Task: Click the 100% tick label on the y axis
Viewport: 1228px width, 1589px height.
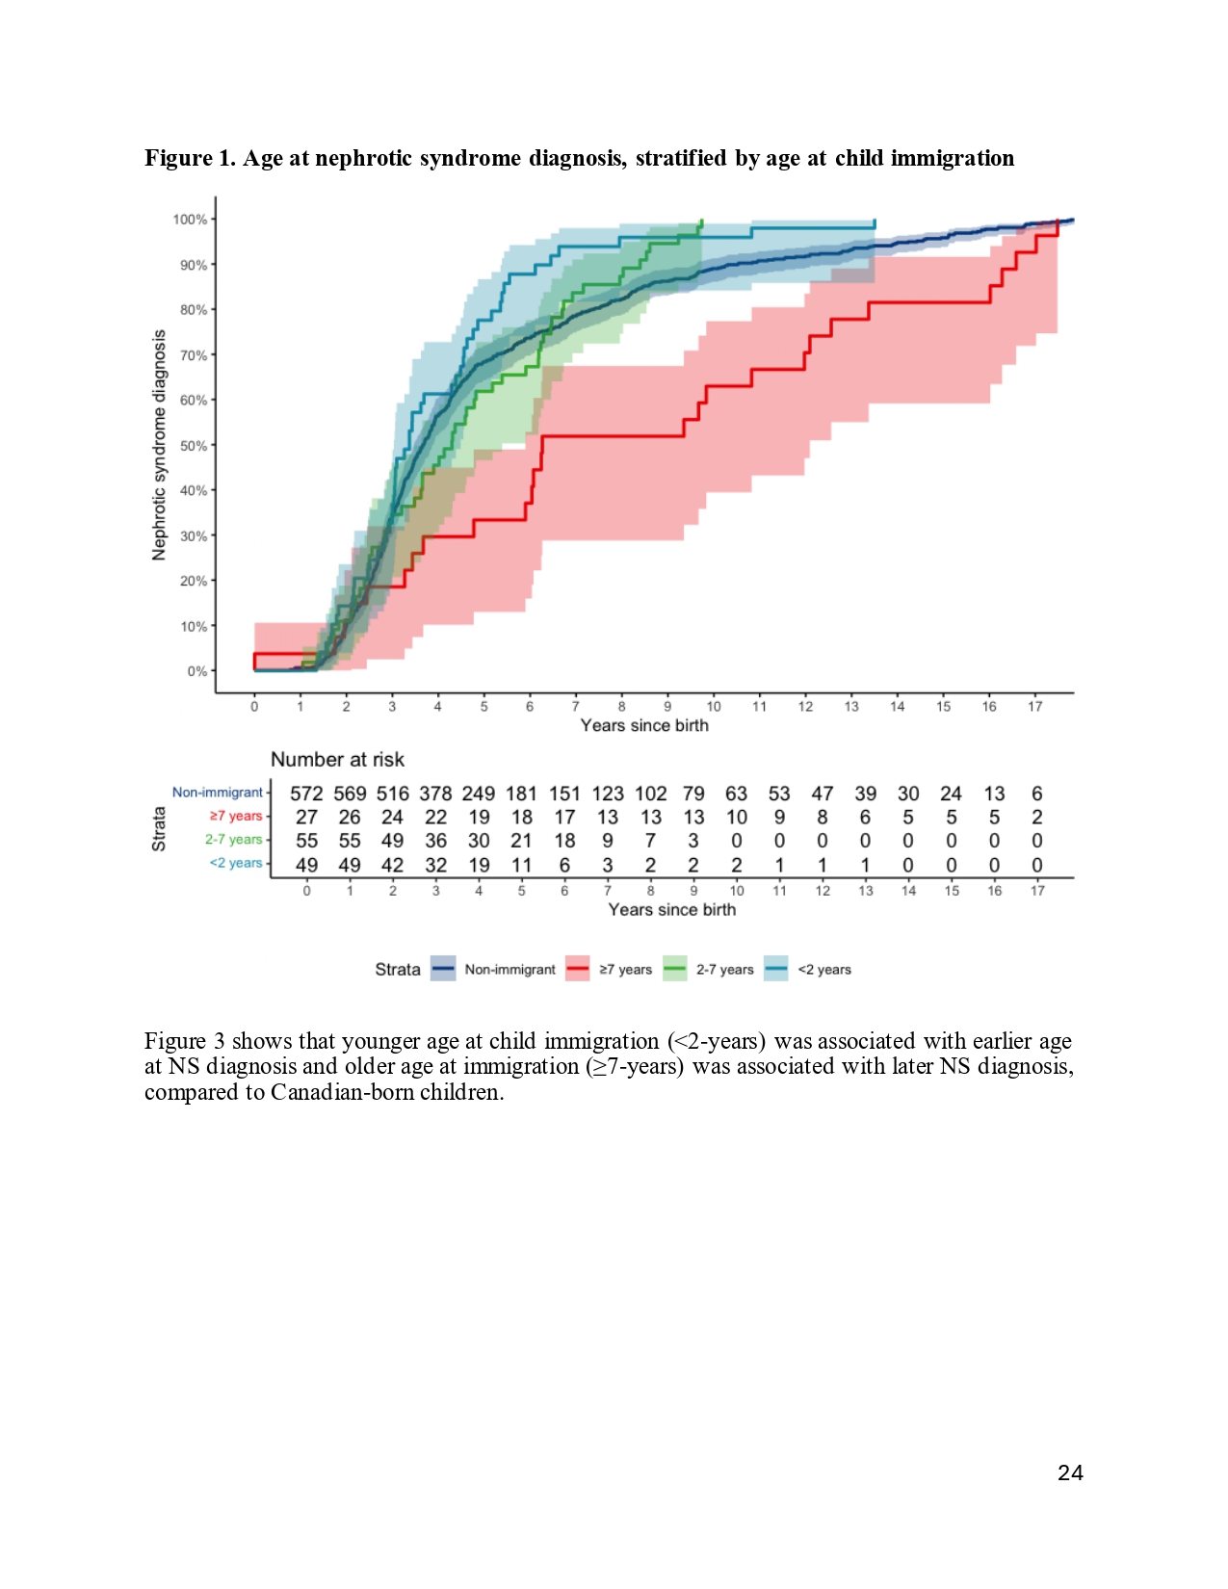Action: pyautogui.click(x=190, y=220)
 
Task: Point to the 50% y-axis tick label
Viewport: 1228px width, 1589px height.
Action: pyautogui.click(x=193, y=445)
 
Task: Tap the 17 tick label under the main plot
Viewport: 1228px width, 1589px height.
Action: pyautogui.click(x=1034, y=707)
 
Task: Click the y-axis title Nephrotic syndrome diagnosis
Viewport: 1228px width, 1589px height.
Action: pyautogui.click(x=159, y=445)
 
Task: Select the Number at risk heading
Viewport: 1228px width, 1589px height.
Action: pyautogui.click(x=337, y=760)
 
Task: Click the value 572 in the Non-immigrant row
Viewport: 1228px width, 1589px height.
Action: pyautogui.click(x=306, y=794)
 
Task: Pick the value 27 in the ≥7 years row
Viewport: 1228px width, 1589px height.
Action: pyautogui.click(x=306, y=817)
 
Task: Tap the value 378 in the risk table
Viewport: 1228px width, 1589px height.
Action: pyautogui.click(x=435, y=794)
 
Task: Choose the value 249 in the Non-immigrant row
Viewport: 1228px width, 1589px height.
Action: pyautogui.click(x=479, y=794)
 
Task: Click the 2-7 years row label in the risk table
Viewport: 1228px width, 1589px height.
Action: pyautogui.click(x=233, y=840)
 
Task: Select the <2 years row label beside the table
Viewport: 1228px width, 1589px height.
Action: pyautogui.click(x=236, y=863)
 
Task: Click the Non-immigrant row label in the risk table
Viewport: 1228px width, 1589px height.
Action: pyautogui.click(x=218, y=792)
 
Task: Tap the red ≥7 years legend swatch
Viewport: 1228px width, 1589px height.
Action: pyautogui.click(x=577, y=969)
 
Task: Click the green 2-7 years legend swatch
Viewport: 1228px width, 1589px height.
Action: pyautogui.click(x=674, y=969)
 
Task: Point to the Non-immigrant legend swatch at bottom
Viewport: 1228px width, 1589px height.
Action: pyautogui.click(x=443, y=969)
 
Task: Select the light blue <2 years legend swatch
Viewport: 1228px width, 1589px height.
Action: pyautogui.click(x=776, y=969)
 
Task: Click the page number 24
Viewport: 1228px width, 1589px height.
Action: pyautogui.click(x=1070, y=1472)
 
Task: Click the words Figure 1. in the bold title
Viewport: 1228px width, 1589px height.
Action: pyautogui.click(x=190, y=158)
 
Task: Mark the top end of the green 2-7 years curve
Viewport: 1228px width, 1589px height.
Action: pyautogui.click(x=701, y=221)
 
